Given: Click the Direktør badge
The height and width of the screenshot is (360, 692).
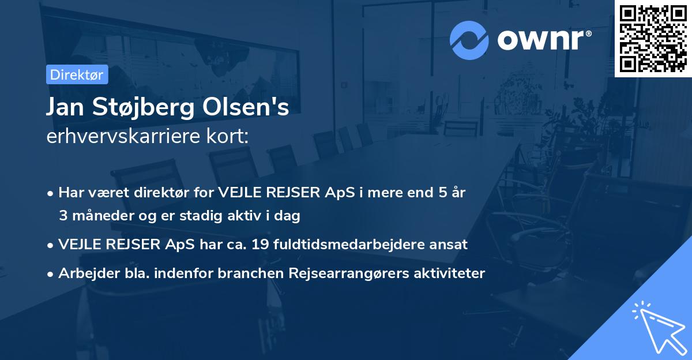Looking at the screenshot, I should tap(77, 74).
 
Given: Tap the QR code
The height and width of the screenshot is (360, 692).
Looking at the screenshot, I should tap(653, 38).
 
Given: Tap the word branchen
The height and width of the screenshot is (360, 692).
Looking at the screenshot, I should tap(245, 273).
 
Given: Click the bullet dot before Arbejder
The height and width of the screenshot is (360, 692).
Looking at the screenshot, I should tap(51, 274).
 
